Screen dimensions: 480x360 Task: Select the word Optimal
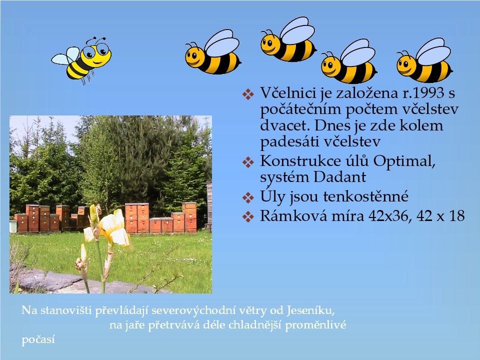click(x=404, y=161)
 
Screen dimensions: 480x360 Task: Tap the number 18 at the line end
click(x=456, y=216)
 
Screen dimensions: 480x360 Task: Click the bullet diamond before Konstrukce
click(x=248, y=162)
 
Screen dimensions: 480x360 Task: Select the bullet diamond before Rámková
click(x=248, y=216)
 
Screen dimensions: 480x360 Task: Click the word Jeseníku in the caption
click(x=311, y=310)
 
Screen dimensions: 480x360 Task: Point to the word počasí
click(x=38, y=340)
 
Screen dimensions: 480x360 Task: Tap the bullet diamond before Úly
click(x=248, y=197)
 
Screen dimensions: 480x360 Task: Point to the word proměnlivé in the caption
click(x=315, y=325)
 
